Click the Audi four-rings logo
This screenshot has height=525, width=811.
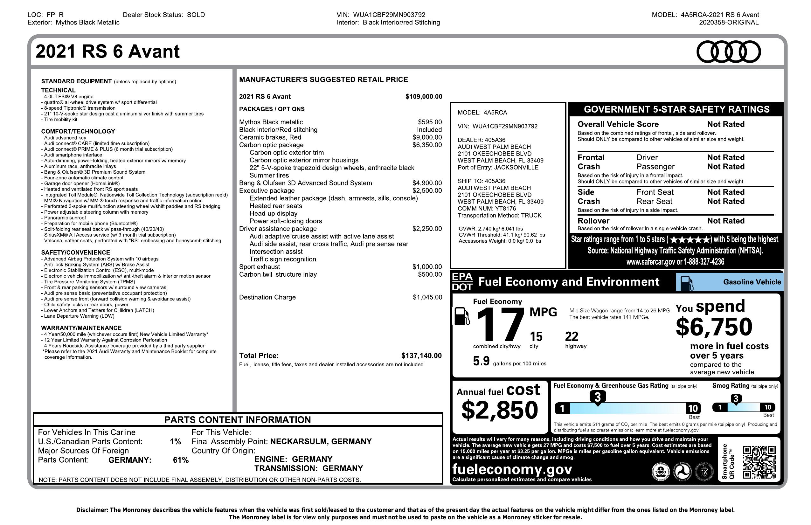point(728,52)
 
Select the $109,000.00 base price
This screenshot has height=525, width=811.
point(424,97)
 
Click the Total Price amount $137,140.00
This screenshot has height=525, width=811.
point(421,356)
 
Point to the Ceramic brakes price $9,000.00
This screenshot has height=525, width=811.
point(427,137)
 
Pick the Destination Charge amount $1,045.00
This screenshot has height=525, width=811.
point(427,297)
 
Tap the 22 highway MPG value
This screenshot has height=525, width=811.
point(572,337)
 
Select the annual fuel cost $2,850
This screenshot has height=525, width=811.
point(500,410)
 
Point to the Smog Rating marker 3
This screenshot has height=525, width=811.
point(736,399)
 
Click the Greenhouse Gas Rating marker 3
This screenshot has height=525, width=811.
point(597,397)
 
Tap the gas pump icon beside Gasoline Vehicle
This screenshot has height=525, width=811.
point(686,283)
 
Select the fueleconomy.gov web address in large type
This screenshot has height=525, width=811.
point(512,469)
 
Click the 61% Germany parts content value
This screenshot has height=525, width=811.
point(181,460)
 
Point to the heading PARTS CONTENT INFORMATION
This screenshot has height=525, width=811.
point(238,420)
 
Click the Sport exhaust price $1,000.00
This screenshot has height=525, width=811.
point(427,267)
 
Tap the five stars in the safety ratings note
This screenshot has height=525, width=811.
point(690,239)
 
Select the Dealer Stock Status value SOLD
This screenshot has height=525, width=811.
point(196,15)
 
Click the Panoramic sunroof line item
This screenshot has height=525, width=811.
point(65,218)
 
